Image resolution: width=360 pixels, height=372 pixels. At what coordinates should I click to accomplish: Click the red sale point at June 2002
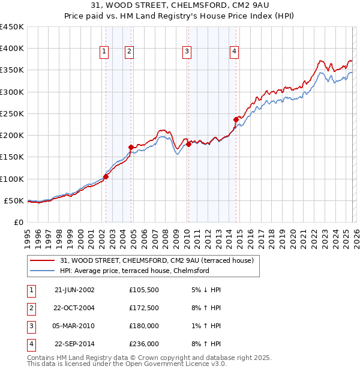[x=106, y=176]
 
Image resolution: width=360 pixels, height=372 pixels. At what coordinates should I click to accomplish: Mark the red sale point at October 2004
[x=131, y=147]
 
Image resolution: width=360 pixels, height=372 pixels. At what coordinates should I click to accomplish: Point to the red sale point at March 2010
[x=188, y=144]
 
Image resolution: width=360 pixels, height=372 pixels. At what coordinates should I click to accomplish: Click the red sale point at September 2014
[x=236, y=119]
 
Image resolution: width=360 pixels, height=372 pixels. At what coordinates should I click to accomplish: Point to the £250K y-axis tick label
[x=12, y=113]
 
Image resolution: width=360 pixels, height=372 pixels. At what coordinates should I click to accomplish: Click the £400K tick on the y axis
[x=12, y=49]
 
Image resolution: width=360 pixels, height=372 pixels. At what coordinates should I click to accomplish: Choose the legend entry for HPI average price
[x=134, y=271]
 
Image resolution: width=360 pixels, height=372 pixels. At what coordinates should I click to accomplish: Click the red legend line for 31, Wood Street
[x=43, y=260]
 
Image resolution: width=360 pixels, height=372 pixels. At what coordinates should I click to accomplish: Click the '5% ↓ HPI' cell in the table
[x=205, y=289]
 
